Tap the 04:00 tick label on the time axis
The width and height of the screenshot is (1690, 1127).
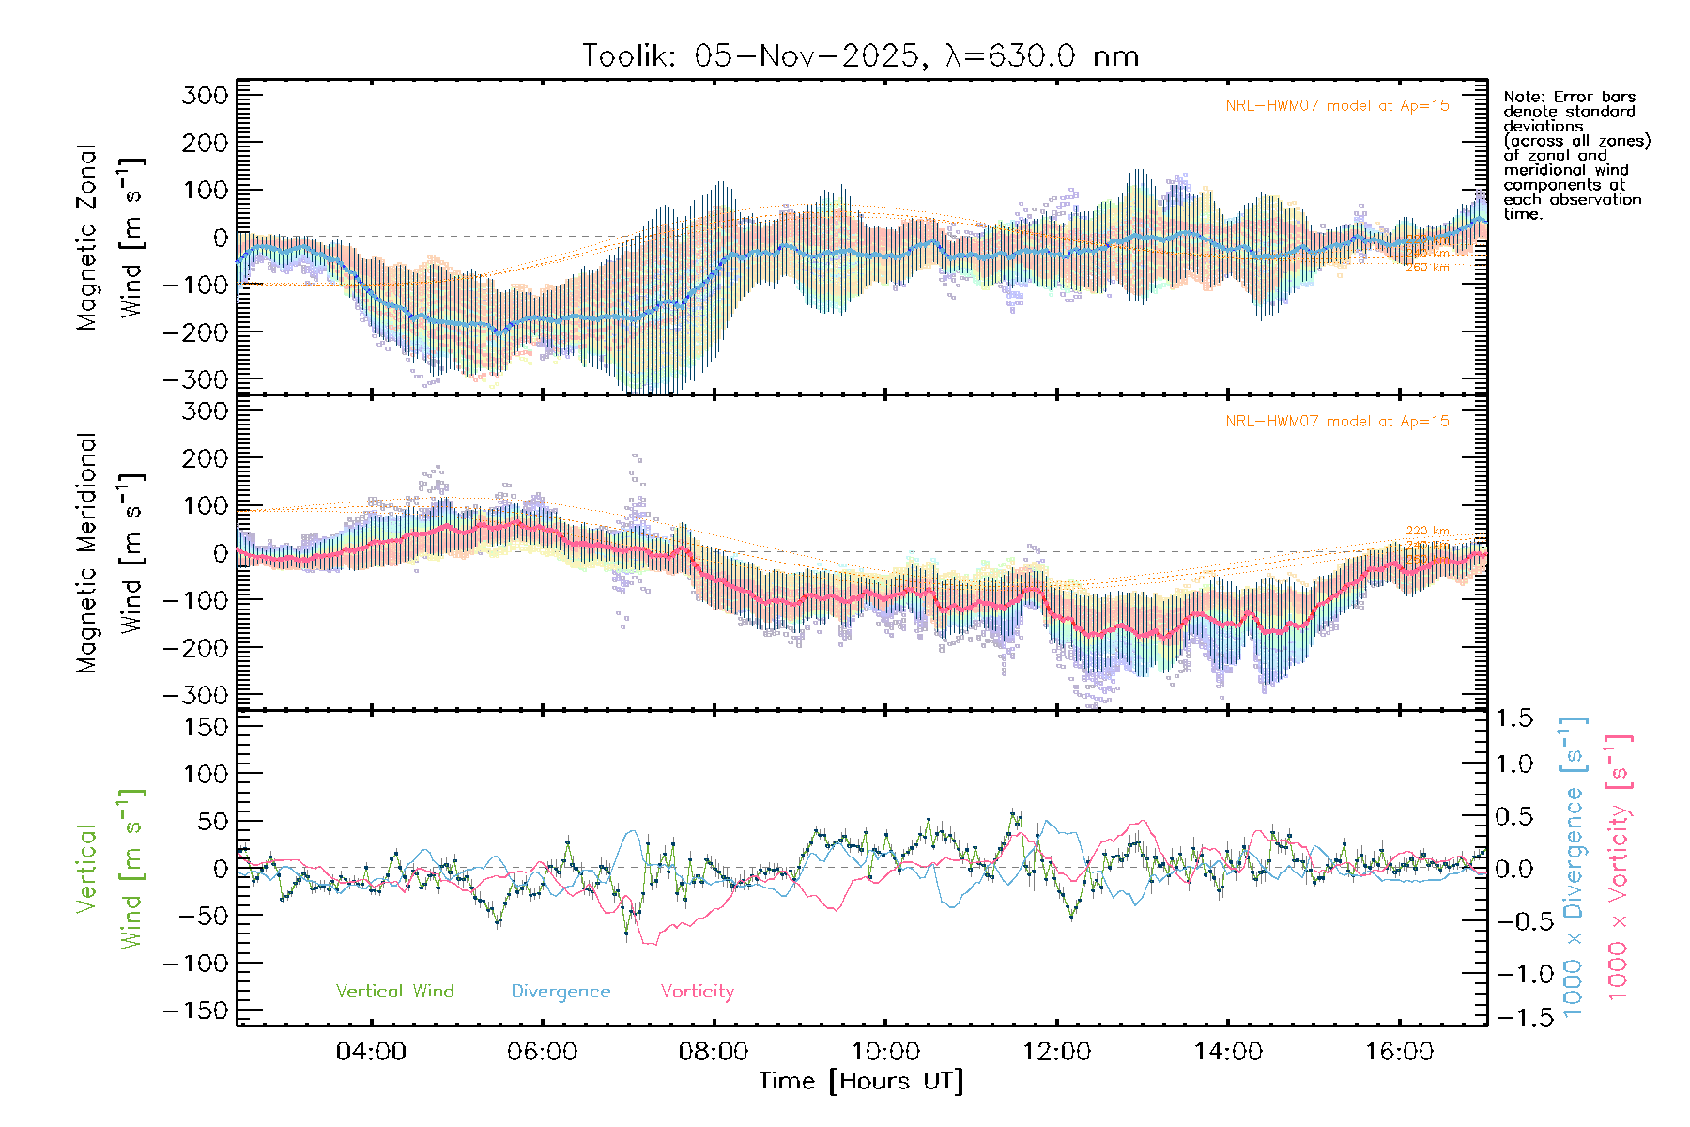coord(371,1052)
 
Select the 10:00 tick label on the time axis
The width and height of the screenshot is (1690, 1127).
coord(885,1052)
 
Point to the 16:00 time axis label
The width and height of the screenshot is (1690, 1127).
coord(1400,1052)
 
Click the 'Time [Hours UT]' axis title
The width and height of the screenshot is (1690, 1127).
coord(861,1081)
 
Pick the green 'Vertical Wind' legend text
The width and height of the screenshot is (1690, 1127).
coord(394,992)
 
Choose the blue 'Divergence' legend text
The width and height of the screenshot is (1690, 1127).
coord(561,992)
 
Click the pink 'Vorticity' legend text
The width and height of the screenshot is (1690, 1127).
coord(697,992)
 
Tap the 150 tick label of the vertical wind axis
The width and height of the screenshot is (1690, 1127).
coord(206,727)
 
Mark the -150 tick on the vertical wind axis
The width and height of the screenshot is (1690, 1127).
coord(196,1011)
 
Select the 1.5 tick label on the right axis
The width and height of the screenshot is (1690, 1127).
coord(1514,718)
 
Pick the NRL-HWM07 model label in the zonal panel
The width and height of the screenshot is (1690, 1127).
coord(1337,106)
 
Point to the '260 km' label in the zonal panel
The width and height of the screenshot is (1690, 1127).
coord(1427,268)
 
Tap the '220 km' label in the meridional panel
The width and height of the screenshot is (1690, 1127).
coord(1427,532)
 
